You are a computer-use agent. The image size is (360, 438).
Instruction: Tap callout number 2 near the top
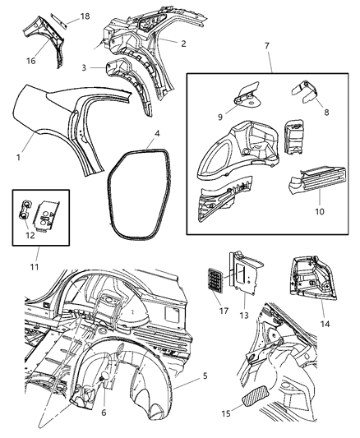coord(183,44)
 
